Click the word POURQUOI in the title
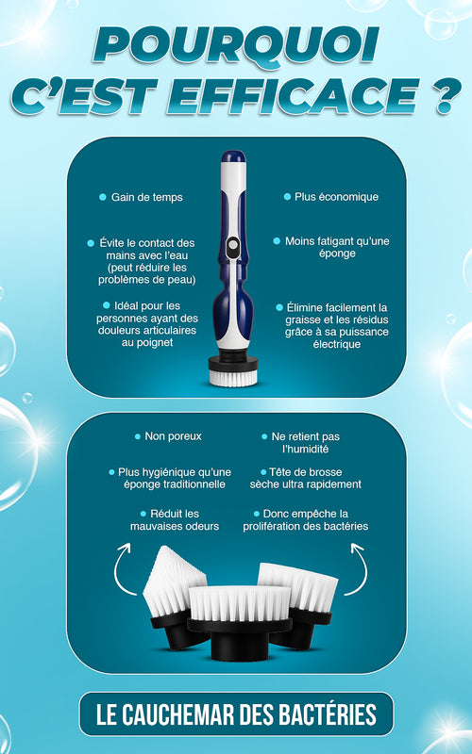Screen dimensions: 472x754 pyautogui.click(x=236, y=44)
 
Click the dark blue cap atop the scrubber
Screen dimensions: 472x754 pyautogui.click(x=233, y=156)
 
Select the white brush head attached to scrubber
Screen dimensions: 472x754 pyautogui.click(x=233, y=378)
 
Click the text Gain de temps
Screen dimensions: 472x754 pyautogui.click(x=147, y=197)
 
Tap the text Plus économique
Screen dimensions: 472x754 pyautogui.click(x=336, y=197)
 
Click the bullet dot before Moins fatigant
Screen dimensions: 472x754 pyautogui.click(x=277, y=241)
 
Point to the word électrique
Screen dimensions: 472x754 pyautogui.click(x=337, y=344)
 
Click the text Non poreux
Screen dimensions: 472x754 pyautogui.click(x=174, y=436)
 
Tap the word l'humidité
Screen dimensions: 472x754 pyautogui.click(x=305, y=450)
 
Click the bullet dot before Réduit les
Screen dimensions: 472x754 pyautogui.click(x=143, y=514)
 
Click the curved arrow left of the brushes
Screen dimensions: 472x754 pyautogui.click(x=121, y=569)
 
